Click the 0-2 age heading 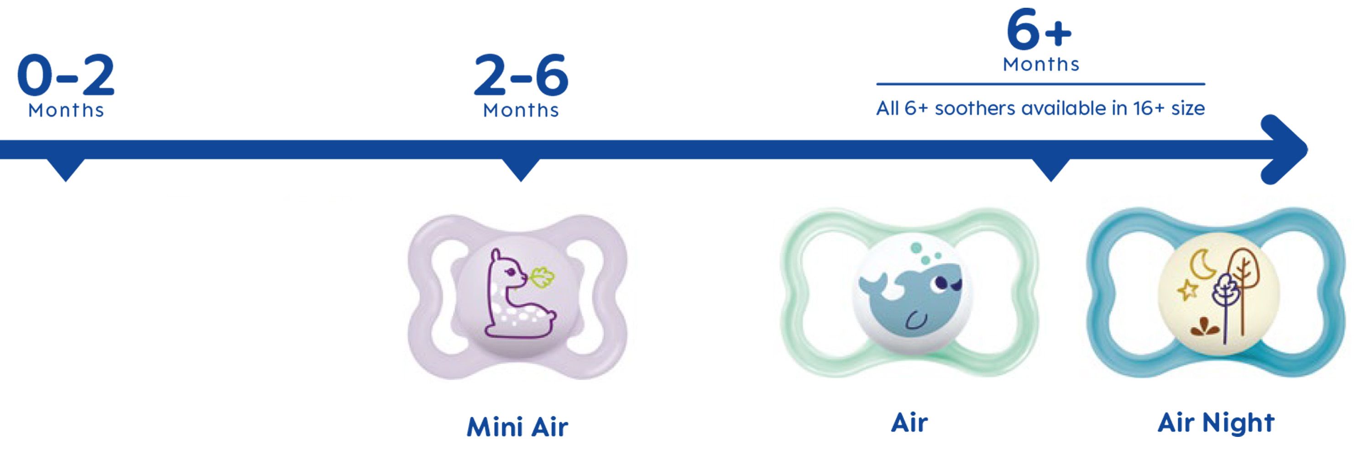click(66, 74)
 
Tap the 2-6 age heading click(521, 74)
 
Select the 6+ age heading click(1040, 30)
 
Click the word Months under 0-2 click(66, 110)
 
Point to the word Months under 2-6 click(521, 110)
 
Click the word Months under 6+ click(1041, 64)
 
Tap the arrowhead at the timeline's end click(1286, 149)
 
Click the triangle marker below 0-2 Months click(66, 170)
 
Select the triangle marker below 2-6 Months click(521, 170)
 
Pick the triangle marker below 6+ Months click(1050, 170)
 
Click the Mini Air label click(517, 427)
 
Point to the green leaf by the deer click(542, 278)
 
